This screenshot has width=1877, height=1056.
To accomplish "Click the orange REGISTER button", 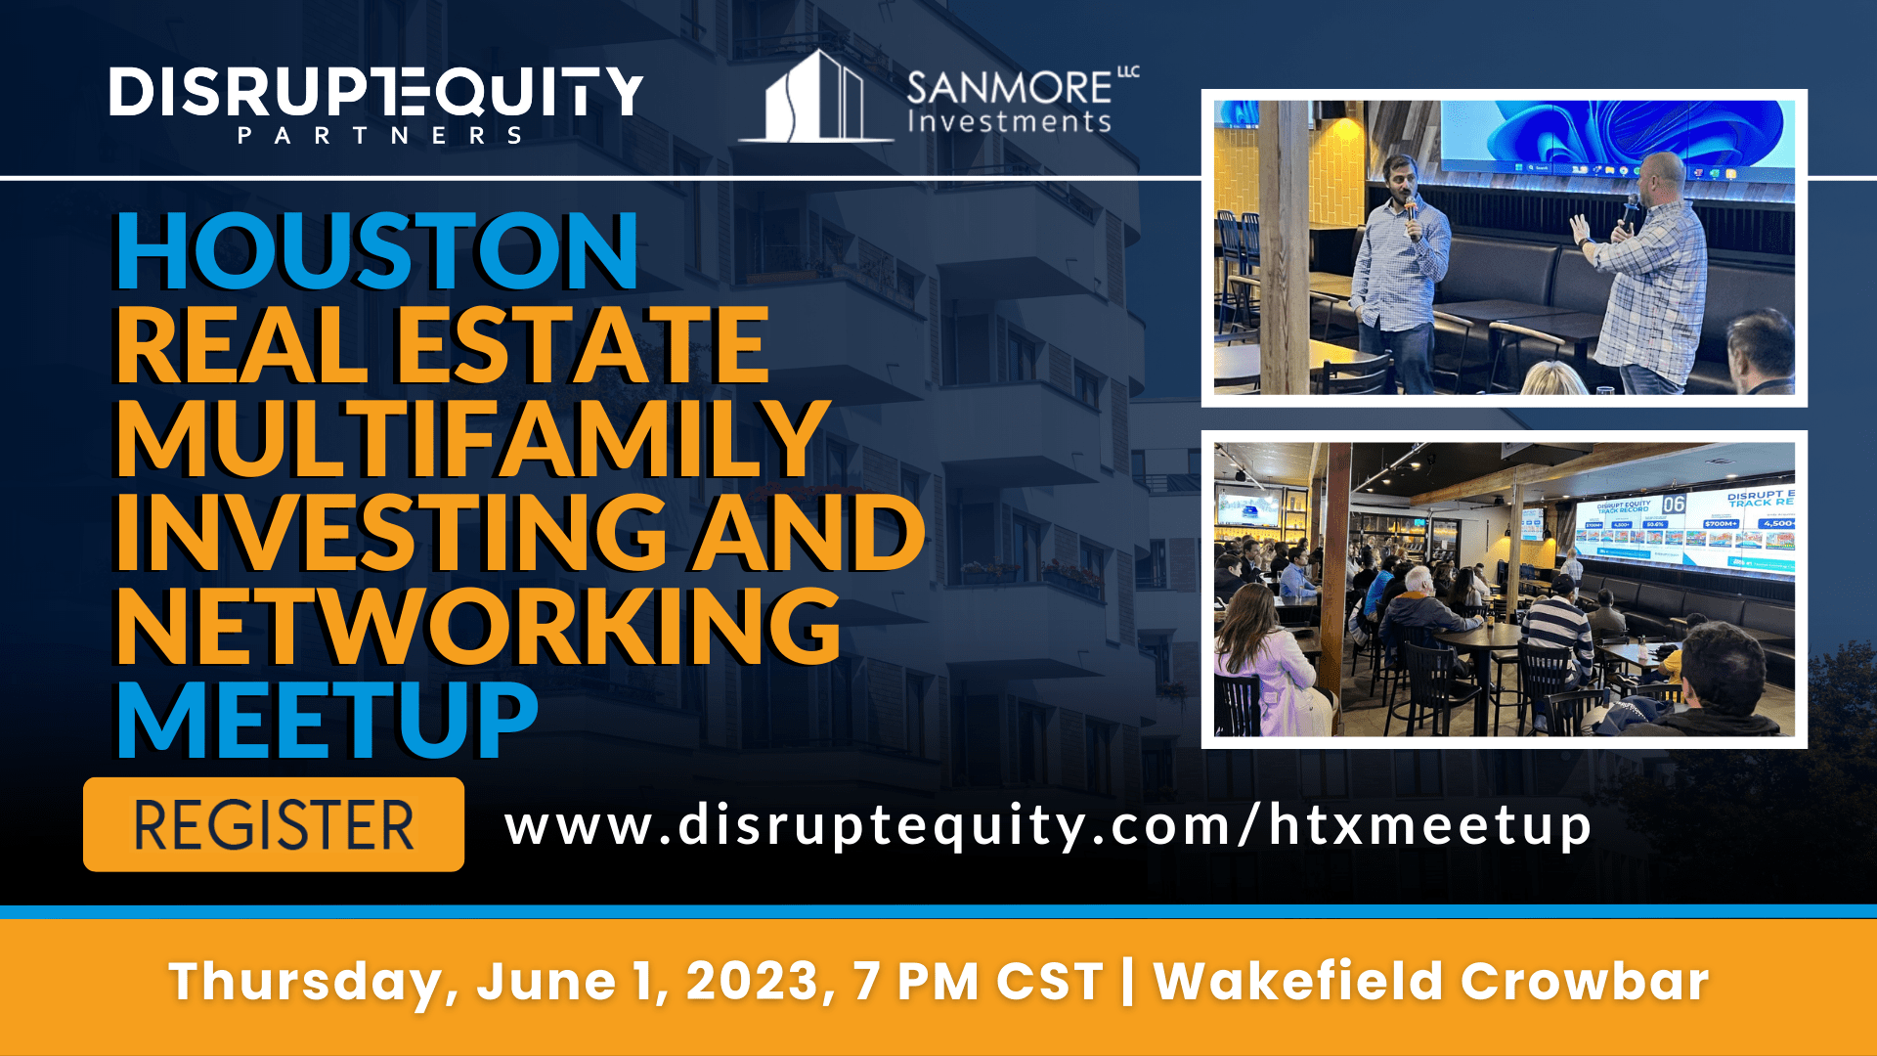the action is [x=274, y=824].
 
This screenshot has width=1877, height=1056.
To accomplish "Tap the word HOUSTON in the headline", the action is [x=377, y=251].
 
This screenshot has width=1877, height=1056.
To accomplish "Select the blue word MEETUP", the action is [x=327, y=721].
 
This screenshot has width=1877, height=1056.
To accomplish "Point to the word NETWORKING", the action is [x=478, y=627].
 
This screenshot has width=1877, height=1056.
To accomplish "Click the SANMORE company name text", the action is [x=1010, y=88].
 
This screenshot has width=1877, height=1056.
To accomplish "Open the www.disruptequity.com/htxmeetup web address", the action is [x=1048, y=826].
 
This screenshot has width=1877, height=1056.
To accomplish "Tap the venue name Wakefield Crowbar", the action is [x=1430, y=981].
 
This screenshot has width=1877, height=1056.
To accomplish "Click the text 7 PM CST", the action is [x=978, y=981].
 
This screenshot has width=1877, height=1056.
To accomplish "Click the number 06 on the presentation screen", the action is [x=1674, y=505].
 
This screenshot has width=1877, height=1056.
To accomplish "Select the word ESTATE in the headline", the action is [x=583, y=345].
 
